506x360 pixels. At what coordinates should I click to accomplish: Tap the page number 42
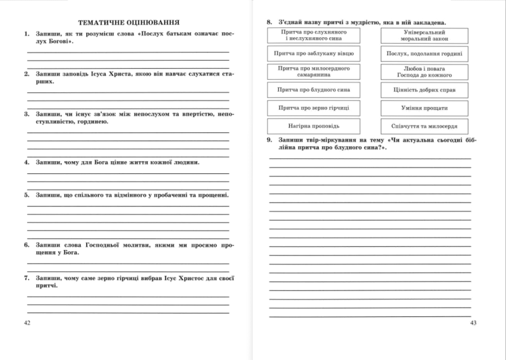tap(26, 323)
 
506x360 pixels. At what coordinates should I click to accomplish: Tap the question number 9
tap(269, 140)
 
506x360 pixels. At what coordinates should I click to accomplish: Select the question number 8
tap(269, 21)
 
